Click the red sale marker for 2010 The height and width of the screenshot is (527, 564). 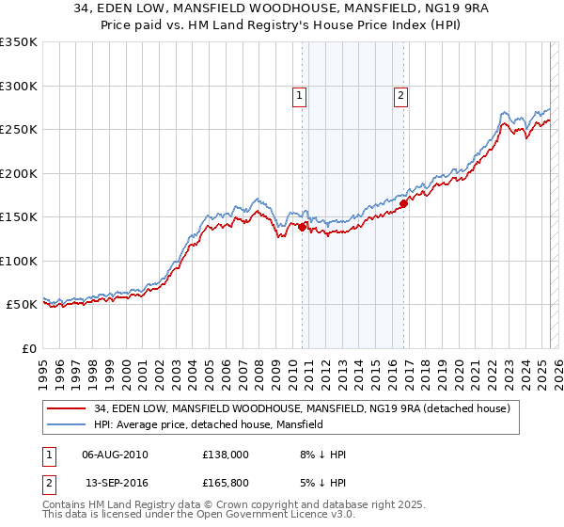tap(302, 227)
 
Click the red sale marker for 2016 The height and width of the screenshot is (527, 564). tap(403, 202)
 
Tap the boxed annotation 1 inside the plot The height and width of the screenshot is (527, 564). tap(298, 94)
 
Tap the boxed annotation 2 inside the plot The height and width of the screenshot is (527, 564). tap(400, 94)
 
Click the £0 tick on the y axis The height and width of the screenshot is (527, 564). tap(29, 348)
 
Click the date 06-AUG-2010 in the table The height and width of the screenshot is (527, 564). tap(115, 455)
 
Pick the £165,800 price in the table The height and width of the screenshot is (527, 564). tap(226, 485)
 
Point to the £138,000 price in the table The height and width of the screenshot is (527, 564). tap(226, 455)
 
